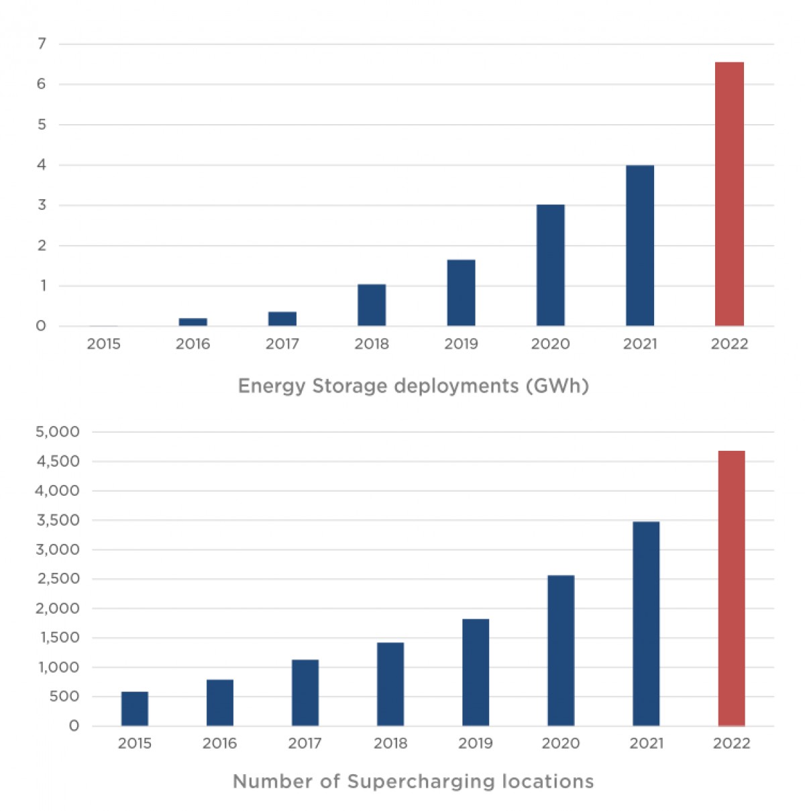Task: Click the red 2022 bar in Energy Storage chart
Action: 729,195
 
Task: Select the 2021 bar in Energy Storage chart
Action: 640,246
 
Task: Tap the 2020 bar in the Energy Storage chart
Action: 550,266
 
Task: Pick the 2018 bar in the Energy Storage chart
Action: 372,305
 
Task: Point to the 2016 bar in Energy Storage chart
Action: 193,322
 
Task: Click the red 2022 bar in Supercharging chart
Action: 731,588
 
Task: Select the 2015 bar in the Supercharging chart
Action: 135,709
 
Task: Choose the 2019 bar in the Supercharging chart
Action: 476,672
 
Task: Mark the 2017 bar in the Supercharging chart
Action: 305,693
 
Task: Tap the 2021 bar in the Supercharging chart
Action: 646,624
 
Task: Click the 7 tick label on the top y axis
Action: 42,44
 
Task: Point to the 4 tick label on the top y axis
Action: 42,165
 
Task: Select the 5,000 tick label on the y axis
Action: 57,432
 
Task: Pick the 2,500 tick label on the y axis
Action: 57,579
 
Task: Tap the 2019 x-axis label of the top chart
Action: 461,344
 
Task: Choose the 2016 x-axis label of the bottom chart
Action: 219,743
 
